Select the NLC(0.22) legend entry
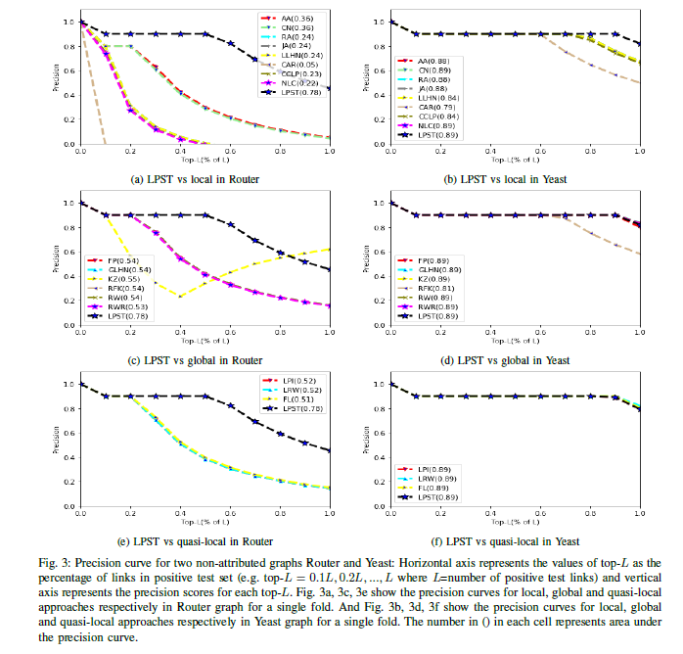(295, 84)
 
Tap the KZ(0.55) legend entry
(114, 279)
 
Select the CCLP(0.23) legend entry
(296, 73)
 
